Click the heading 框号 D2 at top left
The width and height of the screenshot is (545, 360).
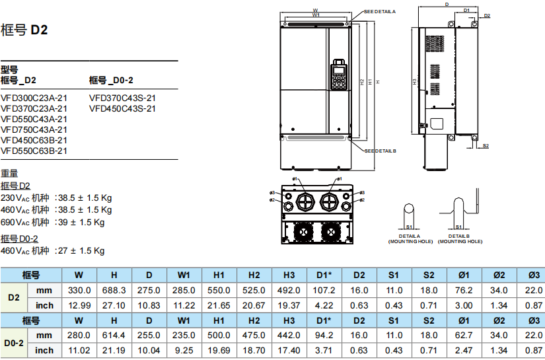(x=24, y=30)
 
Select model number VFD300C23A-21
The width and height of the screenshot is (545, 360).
(x=34, y=98)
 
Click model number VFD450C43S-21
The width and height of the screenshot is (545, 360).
(x=122, y=108)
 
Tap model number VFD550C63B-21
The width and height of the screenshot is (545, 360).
(x=34, y=151)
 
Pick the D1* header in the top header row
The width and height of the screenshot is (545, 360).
(x=324, y=275)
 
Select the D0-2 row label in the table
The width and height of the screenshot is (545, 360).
(x=14, y=343)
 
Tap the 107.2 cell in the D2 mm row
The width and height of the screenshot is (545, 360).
(x=324, y=290)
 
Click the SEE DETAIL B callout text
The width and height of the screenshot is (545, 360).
(x=380, y=151)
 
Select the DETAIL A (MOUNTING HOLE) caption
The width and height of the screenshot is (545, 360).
(x=410, y=238)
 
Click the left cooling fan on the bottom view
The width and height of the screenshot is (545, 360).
(x=303, y=231)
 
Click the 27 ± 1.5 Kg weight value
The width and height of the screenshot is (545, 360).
(x=81, y=251)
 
